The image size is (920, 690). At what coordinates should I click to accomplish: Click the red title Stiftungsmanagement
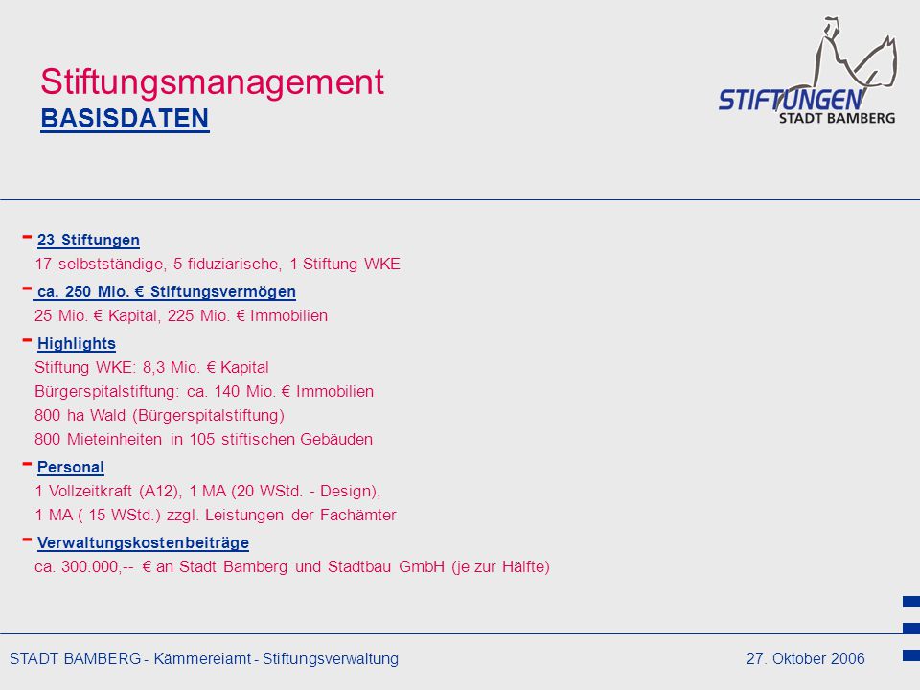tap(212, 82)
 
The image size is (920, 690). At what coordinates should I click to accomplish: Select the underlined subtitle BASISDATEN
tap(125, 119)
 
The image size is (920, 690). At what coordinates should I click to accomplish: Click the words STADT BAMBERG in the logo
tap(838, 118)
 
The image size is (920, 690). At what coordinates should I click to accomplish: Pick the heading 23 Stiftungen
tap(88, 240)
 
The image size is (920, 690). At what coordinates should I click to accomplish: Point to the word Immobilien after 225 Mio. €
tap(288, 315)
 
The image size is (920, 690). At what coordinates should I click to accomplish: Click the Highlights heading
tap(77, 344)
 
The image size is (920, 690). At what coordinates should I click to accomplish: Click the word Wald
tap(108, 415)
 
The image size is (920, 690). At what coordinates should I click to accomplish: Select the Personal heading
tap(70, 467)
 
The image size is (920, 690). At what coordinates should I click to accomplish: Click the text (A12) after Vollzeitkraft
tap(161, 491)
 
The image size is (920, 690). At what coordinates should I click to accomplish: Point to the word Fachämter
tap(357, 516)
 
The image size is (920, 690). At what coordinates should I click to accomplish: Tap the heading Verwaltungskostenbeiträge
tap(143, 542)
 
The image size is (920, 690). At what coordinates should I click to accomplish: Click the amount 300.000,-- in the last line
tap(98, 566)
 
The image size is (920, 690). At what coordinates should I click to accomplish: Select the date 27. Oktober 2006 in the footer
tap(806, 659)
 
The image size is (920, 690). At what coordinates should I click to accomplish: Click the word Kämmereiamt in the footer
tap(202, 659)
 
